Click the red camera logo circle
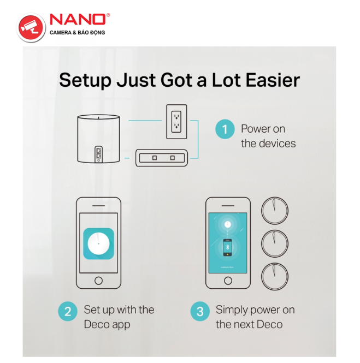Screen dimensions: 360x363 pos(31,28)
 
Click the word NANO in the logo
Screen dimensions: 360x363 pos(78,20)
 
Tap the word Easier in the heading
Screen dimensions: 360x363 pos(273,80)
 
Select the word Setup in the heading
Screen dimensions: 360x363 pos(85,81)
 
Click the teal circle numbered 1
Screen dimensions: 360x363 pos(225,129)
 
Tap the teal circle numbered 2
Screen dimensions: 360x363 pos(68,311)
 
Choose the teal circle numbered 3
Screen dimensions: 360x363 pos(200,311)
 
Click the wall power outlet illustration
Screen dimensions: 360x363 pos(176,122)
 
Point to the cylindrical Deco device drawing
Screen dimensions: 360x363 pos(98,139)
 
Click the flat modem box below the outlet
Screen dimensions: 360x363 pos(162,158)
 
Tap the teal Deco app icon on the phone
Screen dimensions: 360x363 pos(98,244)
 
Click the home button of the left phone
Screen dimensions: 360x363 pos(98,281)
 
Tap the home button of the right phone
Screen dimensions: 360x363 pos(228,281)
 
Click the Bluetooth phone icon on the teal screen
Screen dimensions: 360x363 pos(227,247)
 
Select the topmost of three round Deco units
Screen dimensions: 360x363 pos(275,211)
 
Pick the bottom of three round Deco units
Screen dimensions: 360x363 pos(275,276)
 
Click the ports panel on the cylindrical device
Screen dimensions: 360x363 pos(98,154)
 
